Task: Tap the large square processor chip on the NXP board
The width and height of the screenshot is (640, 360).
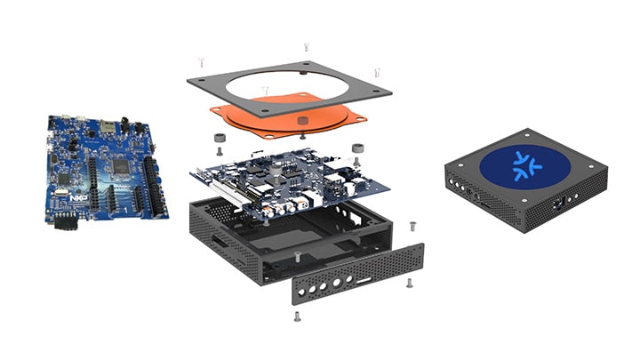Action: (119, 167)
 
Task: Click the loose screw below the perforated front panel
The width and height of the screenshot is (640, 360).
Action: (296, 316)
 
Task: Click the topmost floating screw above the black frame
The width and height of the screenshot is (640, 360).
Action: (306, 46)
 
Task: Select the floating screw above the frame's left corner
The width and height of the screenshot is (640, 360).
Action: (202, 61)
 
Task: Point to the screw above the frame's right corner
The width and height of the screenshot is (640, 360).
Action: (377, 71)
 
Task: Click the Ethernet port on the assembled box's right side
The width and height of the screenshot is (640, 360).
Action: (557, 203)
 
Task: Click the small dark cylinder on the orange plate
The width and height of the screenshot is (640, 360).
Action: (302, 119)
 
